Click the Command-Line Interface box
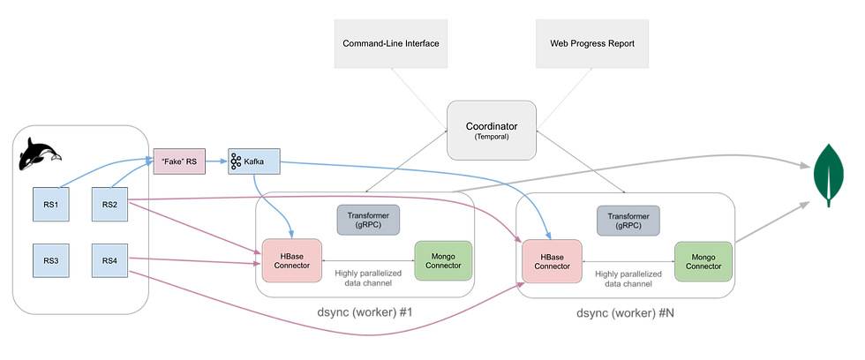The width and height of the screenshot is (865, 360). (x=390, y=43)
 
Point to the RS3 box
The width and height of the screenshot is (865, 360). (x=50, y=260)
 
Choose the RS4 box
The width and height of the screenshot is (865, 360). (x=109, y=260)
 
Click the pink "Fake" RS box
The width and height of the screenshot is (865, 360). (x=179, y=161)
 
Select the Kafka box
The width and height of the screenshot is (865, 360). (x=252, y=161)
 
